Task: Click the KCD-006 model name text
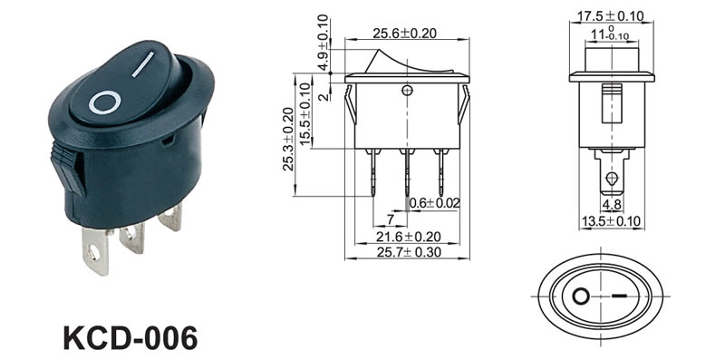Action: pos(130,338)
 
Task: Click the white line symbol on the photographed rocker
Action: pos(143,64)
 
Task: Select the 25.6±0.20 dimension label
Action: pos(405,34)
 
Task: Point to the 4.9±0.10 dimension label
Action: pos(324,43)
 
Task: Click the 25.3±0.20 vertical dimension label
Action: pos(288,139)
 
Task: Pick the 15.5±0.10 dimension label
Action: pos(304,114)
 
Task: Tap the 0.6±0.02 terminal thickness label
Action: pos(435,203)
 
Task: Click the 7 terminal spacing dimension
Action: pos(391,219)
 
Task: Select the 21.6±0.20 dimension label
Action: pos(409,237)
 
